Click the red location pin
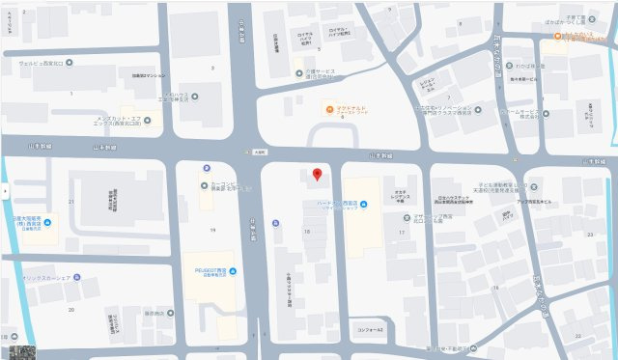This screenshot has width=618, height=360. click(317, 174)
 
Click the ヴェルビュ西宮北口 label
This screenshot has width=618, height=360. click(35, 63)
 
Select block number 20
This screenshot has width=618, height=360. click(71, 309)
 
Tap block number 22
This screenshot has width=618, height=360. click(578, 334)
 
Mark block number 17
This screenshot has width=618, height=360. click(401, 232)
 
